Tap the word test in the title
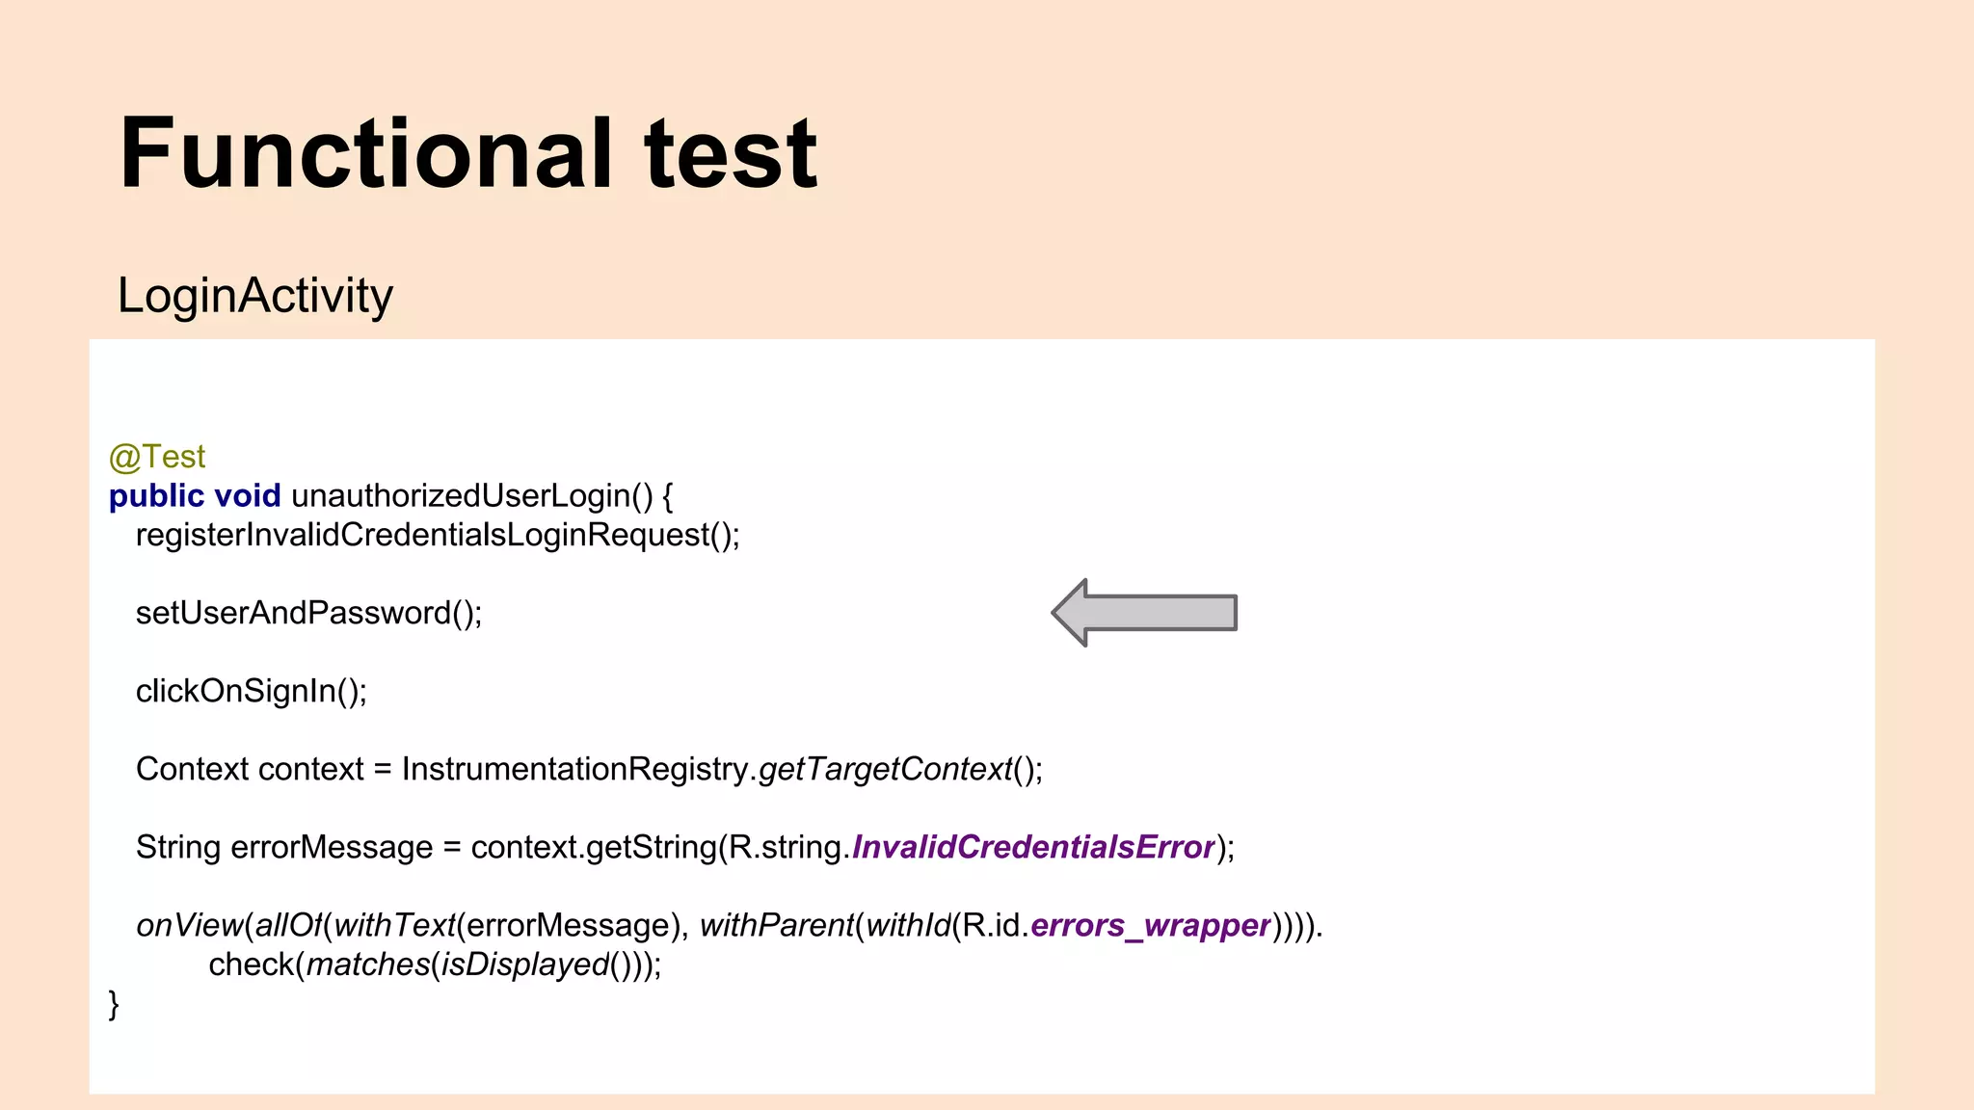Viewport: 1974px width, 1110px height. [731, 154]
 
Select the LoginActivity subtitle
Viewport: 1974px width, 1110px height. [254, 295]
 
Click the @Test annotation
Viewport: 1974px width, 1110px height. [157, 457]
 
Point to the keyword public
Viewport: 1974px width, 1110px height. [156, 496]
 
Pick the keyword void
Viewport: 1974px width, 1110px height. [247, 496]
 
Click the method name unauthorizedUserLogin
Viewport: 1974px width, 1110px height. [460, 496]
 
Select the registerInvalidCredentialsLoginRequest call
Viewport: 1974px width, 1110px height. [437, 535]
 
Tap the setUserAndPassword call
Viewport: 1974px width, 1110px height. [307, 613]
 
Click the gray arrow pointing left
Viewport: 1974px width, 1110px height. [1144, 613]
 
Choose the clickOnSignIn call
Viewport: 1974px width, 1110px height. [251, 691]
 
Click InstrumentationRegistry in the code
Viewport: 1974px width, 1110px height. [574, 769]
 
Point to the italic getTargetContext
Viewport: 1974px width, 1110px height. [885, 769]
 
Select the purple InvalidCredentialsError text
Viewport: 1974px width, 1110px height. [1032, 847]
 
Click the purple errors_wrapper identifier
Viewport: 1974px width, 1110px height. [1150, 925]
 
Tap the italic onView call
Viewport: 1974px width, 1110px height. [189, 925]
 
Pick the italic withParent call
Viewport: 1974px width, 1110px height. [776, 925]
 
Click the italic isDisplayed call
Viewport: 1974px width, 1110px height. [525, 965]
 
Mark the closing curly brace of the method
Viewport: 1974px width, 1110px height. [114, 1004]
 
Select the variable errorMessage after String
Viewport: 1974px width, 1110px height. [332, 847]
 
